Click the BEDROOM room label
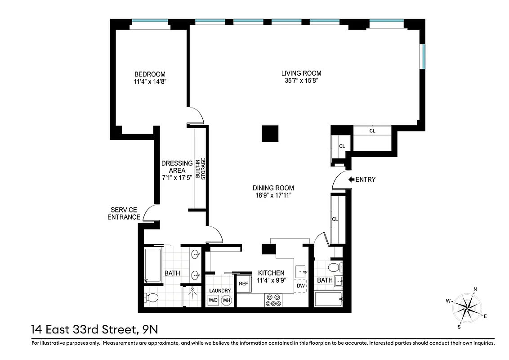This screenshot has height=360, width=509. [x=150, y=74]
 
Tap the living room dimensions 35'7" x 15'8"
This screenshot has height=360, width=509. [x=301, y=81]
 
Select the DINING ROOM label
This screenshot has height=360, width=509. [x=273, y=188]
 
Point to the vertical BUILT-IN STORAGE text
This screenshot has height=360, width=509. [x=201, y=169]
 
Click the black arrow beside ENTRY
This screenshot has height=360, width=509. [x=351, y=180]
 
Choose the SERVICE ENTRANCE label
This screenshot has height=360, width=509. [x=125, y=214]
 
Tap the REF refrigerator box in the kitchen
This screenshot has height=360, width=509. [x=243, y=283]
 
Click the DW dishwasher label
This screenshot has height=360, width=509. [x=300, y=285]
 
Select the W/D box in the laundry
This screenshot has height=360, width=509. [x=213, y=300]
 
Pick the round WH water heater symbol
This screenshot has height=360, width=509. [x=227, y=300]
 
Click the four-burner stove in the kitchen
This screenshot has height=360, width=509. [x=272, y=300]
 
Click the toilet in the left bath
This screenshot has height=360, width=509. [x=152, y=297]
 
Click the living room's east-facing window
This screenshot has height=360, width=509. [x=422, y=56]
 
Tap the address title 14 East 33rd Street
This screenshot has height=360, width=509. [x=94, y=330]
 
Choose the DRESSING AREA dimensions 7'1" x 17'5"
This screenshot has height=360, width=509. [x=177, y=177]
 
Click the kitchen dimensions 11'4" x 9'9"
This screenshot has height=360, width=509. [x=271, y=281]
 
